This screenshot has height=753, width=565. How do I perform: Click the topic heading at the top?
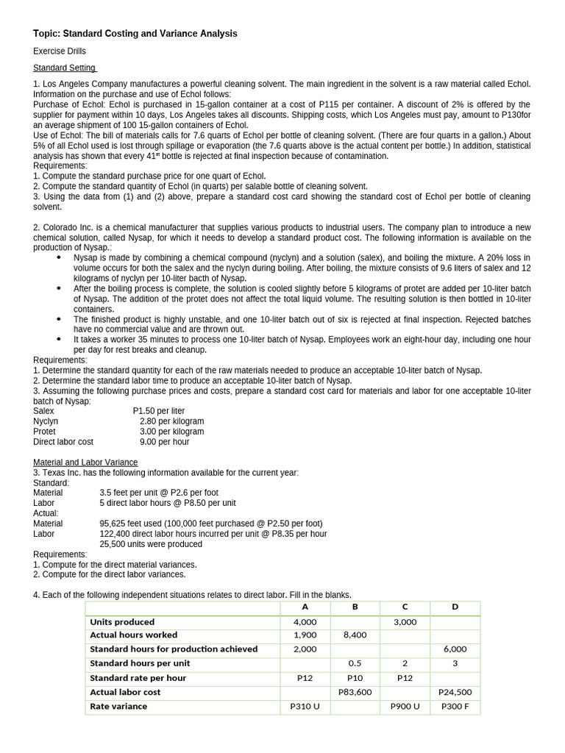(x=135, y=34)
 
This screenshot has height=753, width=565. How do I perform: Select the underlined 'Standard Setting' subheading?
(x=65, y=68)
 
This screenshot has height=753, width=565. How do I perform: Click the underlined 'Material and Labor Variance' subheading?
(x=85, y=462)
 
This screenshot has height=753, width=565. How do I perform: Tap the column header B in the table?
(x=355, y=607)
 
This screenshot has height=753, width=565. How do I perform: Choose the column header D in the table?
(x=455, y=607)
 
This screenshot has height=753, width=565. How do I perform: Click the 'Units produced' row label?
(x=122, y=621)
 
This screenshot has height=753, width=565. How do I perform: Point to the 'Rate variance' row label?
(x=118, y=706)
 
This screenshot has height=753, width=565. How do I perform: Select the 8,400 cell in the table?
(x=355, y=635)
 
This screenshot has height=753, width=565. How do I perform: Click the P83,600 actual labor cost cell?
(x=355, y=692)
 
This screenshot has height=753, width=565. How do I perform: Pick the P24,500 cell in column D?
(x=455, y=692)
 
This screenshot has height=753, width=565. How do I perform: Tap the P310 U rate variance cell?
(x=305, y=706)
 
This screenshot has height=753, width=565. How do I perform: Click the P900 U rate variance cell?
(x=405, y=706)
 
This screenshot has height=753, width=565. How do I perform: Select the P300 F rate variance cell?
(x=455, y=706)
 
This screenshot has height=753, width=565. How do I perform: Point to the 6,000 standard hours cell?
(x=455, y=649)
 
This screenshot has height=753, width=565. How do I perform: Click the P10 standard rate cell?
(x=355, y=678)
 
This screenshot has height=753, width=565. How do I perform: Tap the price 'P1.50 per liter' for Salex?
(x=159, y=411)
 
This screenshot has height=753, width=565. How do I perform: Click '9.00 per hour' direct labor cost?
(x=164, y=442)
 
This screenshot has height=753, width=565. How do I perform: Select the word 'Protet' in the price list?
(x=44, y=432)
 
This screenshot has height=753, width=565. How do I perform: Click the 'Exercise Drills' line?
(x=60, y=51)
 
